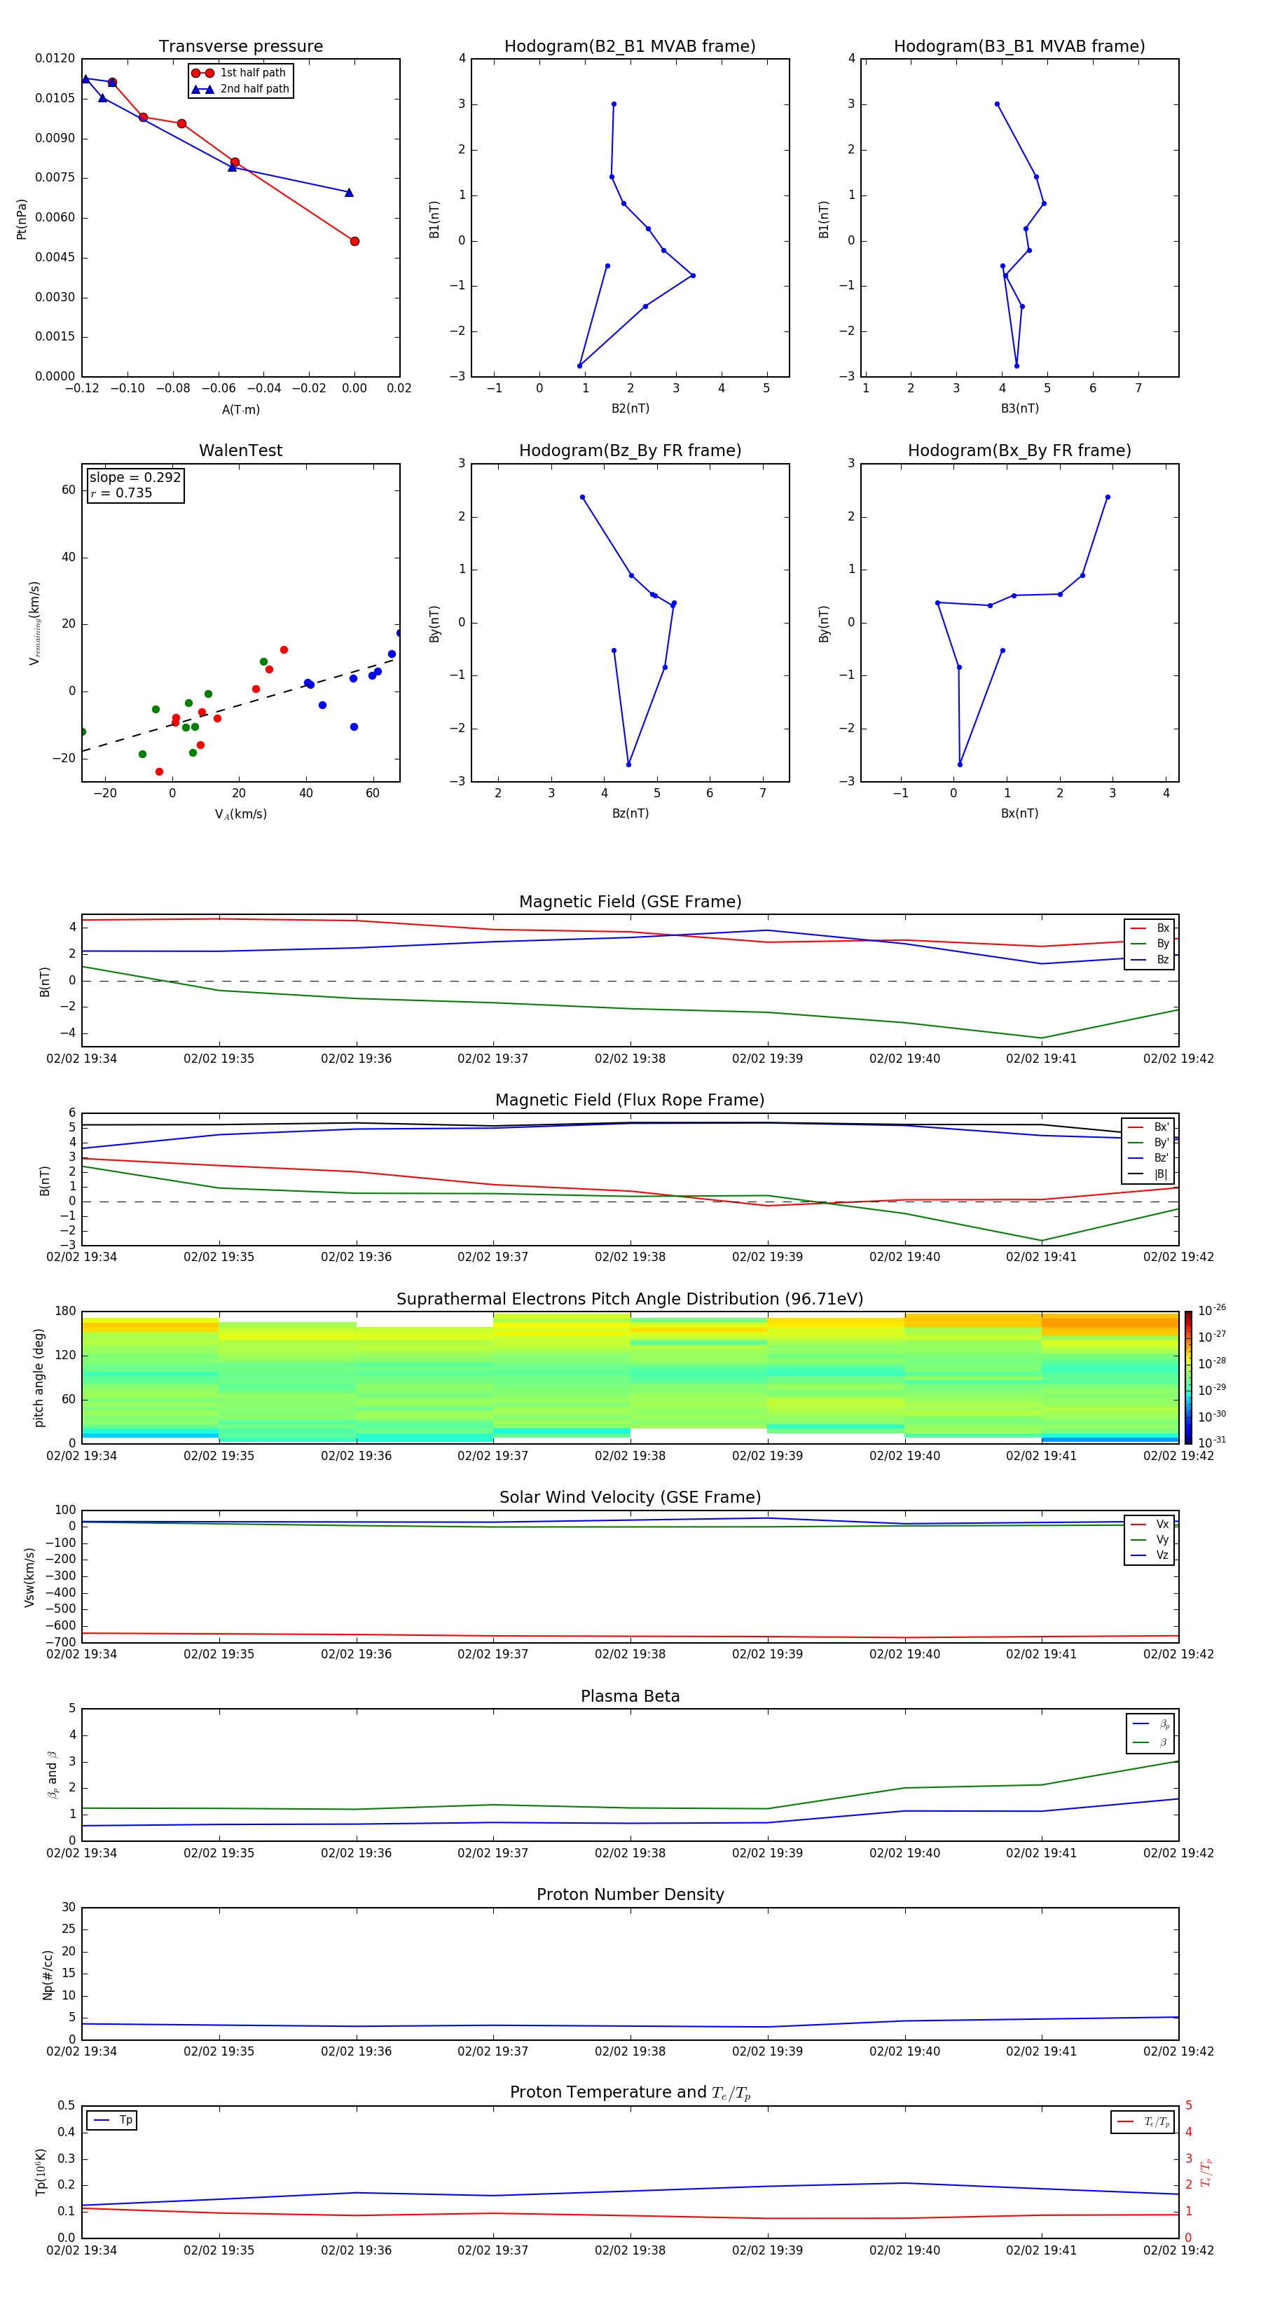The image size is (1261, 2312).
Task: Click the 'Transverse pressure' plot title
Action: (240, 47)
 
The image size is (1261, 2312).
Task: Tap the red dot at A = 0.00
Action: (354, 242)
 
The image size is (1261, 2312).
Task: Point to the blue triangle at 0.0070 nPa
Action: (349, 193)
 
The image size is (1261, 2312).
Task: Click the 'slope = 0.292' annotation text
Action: (135, 478)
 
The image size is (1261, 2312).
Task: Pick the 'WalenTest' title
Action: (240, 450)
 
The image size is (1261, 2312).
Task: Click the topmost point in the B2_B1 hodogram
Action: (614, 104)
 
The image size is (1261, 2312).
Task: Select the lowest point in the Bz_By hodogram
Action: (628, 764)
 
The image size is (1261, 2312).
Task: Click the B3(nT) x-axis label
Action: (1019, 408)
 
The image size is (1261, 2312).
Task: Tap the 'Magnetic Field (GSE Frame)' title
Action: (630, 902)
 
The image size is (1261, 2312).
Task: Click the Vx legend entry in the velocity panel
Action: (1162, 1524)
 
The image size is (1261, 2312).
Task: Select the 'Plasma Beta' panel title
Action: (630, 1696)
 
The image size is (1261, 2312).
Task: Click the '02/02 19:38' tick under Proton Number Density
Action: (630, 2051)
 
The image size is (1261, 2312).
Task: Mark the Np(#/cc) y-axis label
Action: (48, 1974)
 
